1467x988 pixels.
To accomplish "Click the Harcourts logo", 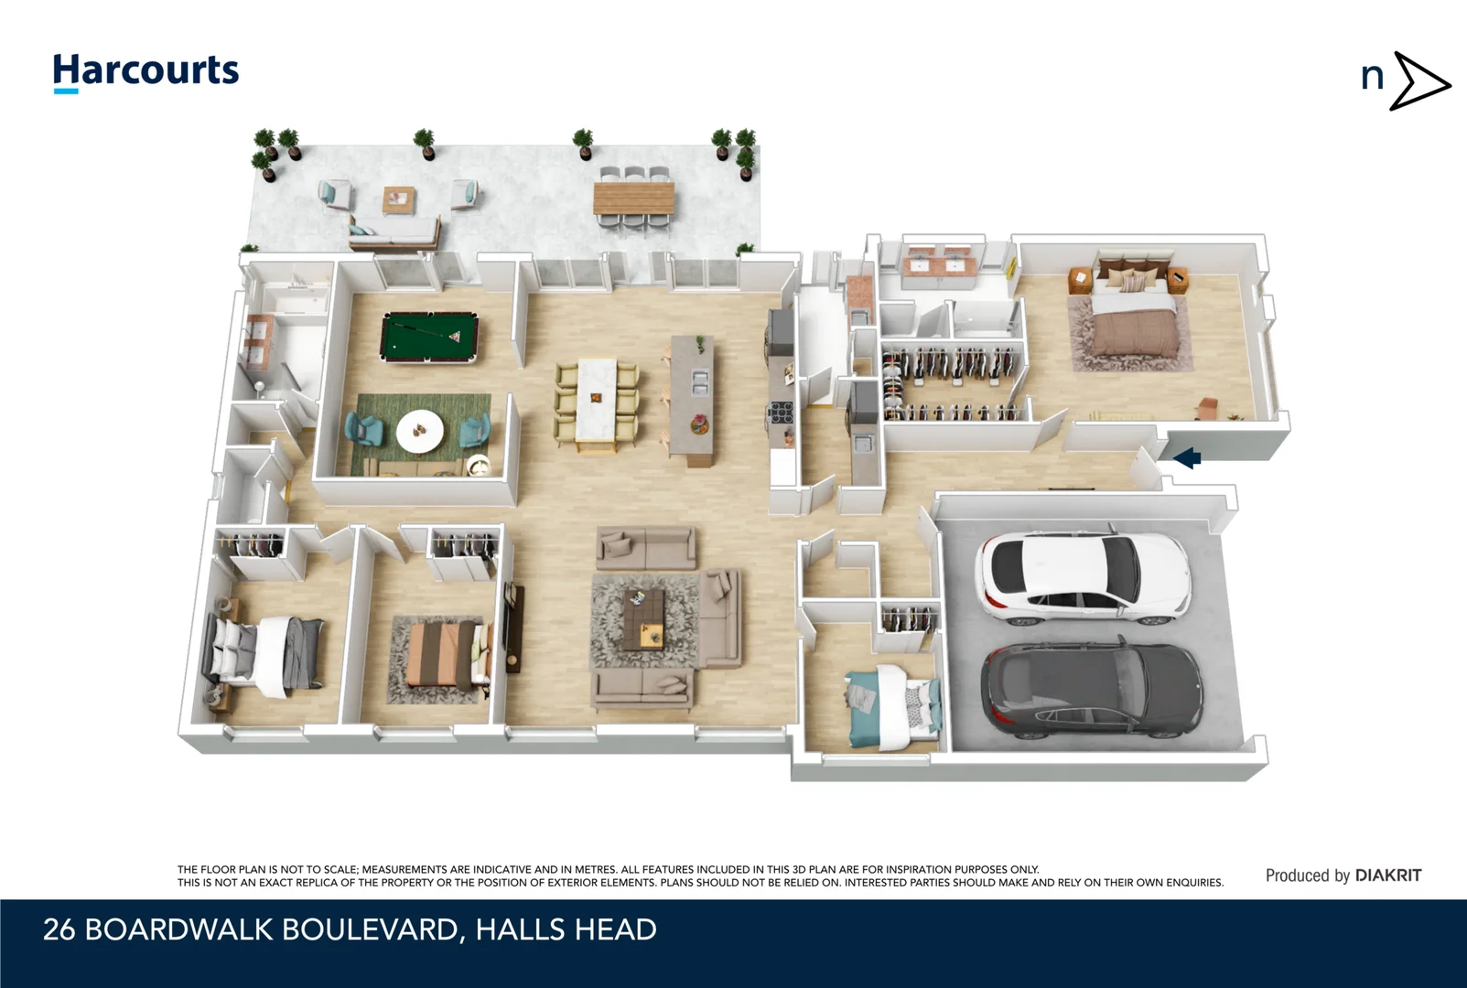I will [x=146, y=71].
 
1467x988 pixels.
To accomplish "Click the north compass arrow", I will [x=1418, y=81].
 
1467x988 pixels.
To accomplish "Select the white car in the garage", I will [x=1084, y=576].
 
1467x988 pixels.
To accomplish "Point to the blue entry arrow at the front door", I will [x=1187, y=457].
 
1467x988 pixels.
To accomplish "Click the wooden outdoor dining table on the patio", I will [x=633, y=198].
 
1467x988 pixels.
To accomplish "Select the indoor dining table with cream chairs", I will [x=597, y=403].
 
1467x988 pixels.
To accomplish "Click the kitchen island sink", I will [x=700, y=382].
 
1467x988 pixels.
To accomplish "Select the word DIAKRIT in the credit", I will [x=1387, y=875].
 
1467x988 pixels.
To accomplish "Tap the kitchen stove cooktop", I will [x=780, y=413].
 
